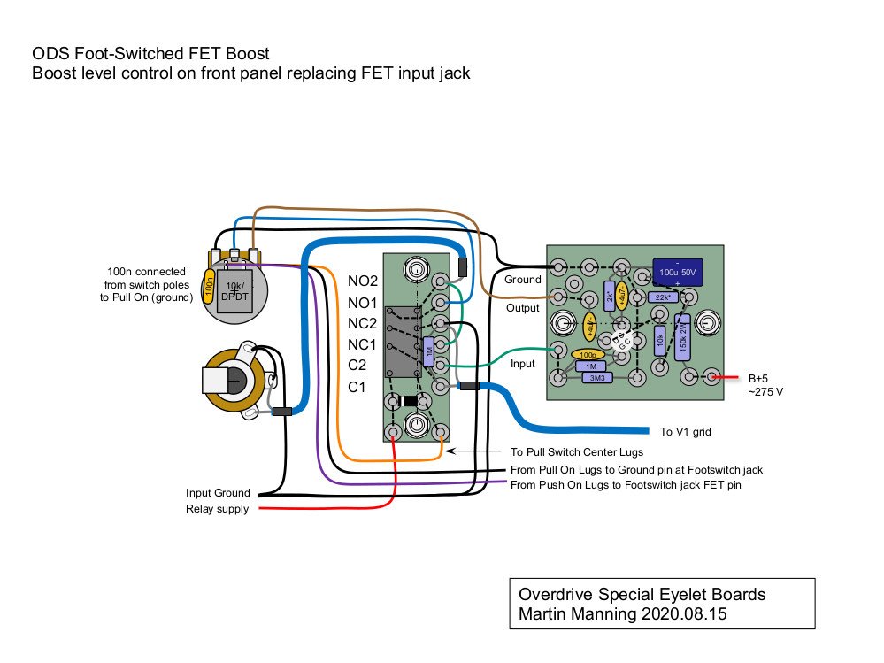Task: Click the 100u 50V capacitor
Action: coord(678,272)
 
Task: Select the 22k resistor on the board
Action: coord(661,297)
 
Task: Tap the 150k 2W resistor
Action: coord(681,335)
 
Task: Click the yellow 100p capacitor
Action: coord(587,355)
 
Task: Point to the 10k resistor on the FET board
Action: coord(659,340)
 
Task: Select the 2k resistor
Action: coord(610,296)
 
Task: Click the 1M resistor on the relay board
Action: coord(429,351)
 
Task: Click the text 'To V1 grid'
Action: coord(686,432)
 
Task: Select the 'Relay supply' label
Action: coord(217,509)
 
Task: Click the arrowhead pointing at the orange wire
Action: coord(450,451)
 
